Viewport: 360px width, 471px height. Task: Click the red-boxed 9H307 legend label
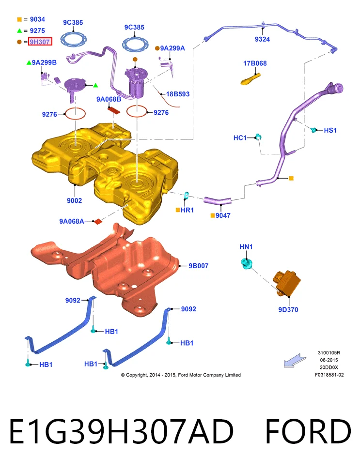[x=40, y=42]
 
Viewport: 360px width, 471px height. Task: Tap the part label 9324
[x=262, y=39]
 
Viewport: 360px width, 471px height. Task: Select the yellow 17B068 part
[x=250, y=79]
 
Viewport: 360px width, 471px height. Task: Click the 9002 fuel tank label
[x=74, y=200]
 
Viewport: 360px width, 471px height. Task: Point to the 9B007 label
[x=199, y=266]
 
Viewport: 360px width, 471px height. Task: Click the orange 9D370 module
[x=287, y=283]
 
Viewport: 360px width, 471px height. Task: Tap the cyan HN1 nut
[x=247, y=264]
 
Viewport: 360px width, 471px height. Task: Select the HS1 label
[x=330, y=130]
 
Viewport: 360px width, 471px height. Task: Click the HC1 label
[x=240, y=138]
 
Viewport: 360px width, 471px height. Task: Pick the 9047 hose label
[x=223, y=215]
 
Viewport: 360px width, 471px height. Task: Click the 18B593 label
[x=178, y=94]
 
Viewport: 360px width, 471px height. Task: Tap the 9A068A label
[x=72, y=221]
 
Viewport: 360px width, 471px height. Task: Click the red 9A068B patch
[x=114, y=109]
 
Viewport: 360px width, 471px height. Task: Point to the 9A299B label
[x=44, y=62]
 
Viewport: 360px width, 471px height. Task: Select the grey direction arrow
[x=295, y=360]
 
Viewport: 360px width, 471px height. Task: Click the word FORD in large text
[x=308, y=431]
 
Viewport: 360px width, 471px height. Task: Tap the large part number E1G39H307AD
[x=121, y=431]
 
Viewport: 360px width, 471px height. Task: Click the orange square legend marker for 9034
[x=19, y=19]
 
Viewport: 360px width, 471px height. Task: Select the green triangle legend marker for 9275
[x=19, y=30]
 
